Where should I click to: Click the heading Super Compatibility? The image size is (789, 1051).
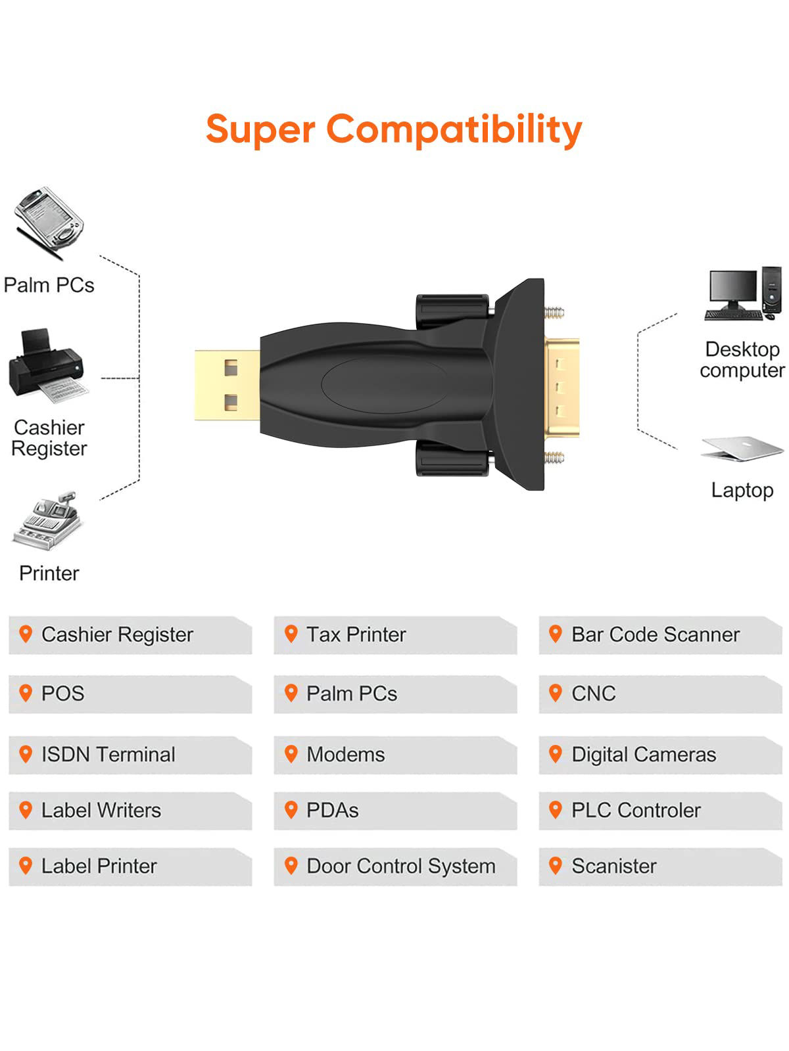pyautogui.click(x=394, y=129)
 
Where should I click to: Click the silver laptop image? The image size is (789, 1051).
pyautogui.click(x=742, y=448)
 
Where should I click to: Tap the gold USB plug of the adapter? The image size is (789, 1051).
pyautogui.click(x=227, y=385)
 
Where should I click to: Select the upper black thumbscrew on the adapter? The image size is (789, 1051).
pyautogui.click(x=452, y=309)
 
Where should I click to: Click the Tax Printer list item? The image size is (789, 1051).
pyautogui.click(x=356, y=635)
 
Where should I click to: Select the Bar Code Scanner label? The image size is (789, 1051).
pyautogui.click(x=655, y=635)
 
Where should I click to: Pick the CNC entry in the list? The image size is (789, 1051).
pyautogui.click(x=593, y=694)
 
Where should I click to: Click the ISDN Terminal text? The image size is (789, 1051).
pyautogui.click(x=108, y=754)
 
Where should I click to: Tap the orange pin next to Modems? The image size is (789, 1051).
pyautogui.click(x=291, y=753)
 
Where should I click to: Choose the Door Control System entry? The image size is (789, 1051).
pyautogui.click(x=400, y=866)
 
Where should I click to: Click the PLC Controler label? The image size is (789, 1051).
pyautogui.click(x=635, y=810)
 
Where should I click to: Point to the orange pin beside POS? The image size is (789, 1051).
pyautogui.click(x=26, y=692)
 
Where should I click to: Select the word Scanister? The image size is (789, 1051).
pyautogui.click(x=613, y=866)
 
